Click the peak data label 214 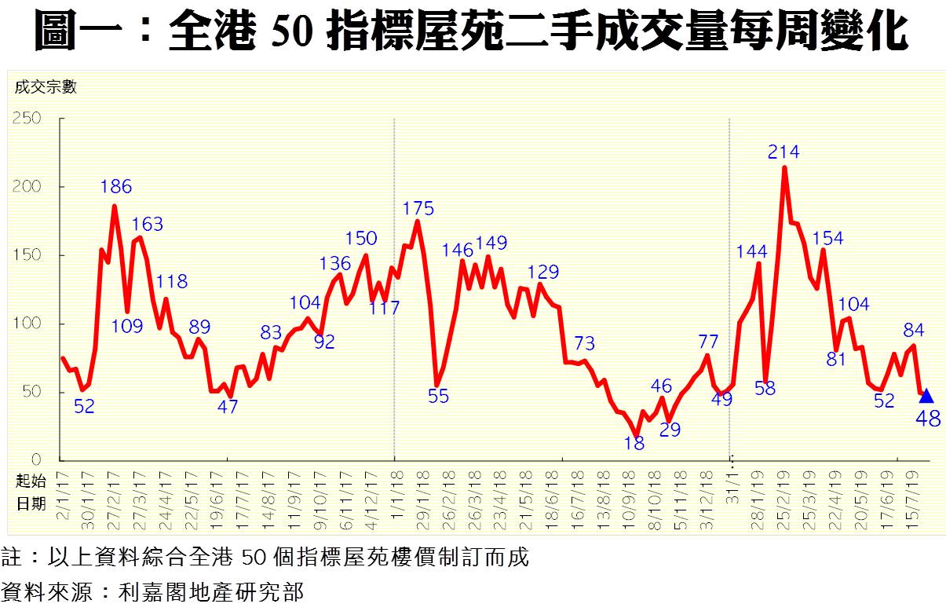tap(783, 152)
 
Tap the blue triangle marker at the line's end tap(926, 396)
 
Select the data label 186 tap(116, 187)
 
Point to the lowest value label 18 tap(634, 444)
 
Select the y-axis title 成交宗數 tap(46, 87)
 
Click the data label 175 tap(418, 209)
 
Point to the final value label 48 tap(928, 419)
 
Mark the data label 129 tap(542, 273)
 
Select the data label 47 tap(228, 407)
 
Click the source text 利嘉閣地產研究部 tap(210, 591)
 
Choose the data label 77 tap(708, 341)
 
